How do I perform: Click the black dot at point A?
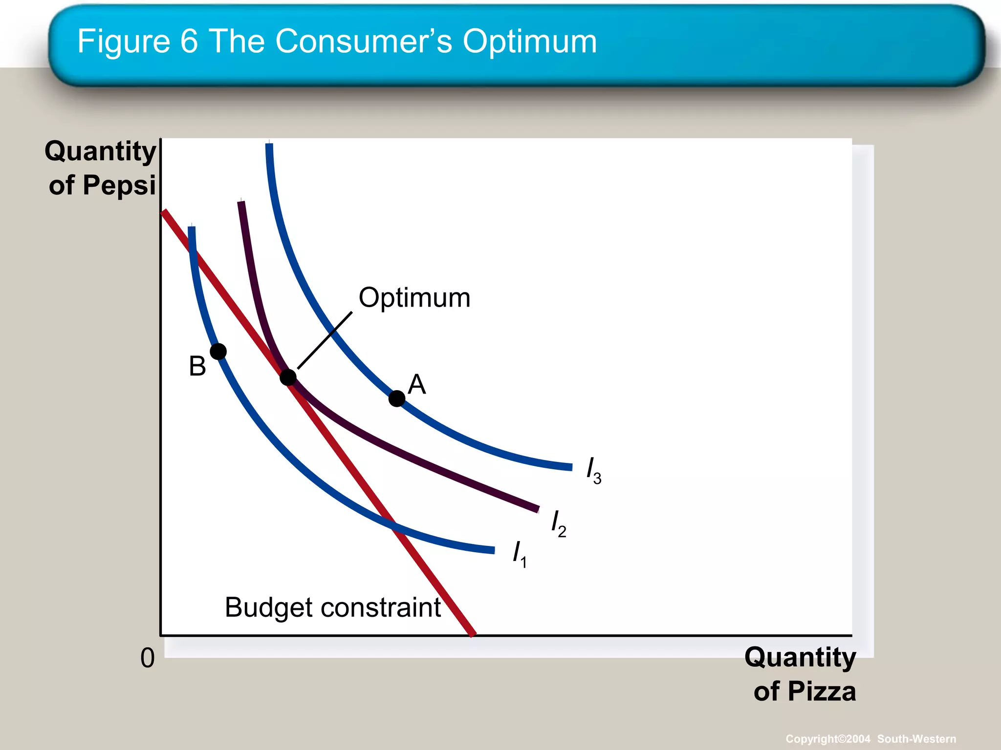(397, 398)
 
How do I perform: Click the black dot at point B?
(218, 351)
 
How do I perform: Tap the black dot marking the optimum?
(288, 377)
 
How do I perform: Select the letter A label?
(417, 384)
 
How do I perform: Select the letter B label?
(197, 366)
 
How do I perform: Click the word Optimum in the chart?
(414, 298)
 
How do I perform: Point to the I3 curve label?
(593, 470)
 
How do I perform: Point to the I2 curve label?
(558, 523)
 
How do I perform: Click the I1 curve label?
(519, 554)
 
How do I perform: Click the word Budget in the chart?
(268, 608)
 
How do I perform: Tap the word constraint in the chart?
(381, 608)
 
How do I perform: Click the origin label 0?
(147, 658)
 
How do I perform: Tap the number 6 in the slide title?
(189, 42)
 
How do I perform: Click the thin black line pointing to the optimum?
(325, 340)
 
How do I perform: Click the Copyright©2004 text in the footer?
(827, 739)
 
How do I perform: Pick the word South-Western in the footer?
(916, 739)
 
